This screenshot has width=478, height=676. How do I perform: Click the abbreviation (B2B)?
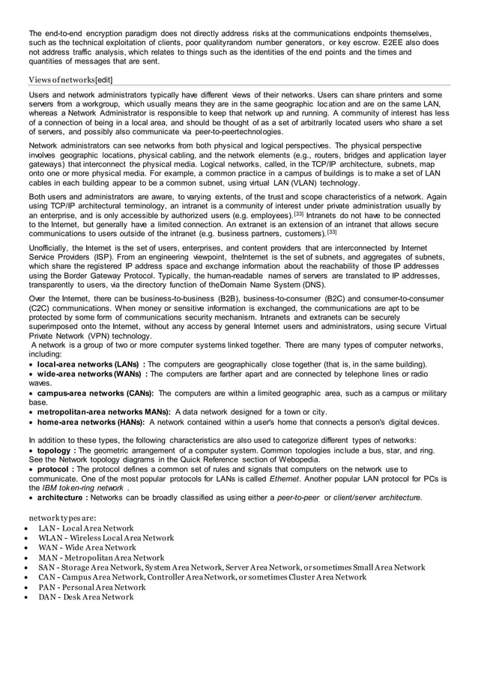230,298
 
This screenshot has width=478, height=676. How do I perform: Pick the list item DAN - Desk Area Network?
86,597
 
